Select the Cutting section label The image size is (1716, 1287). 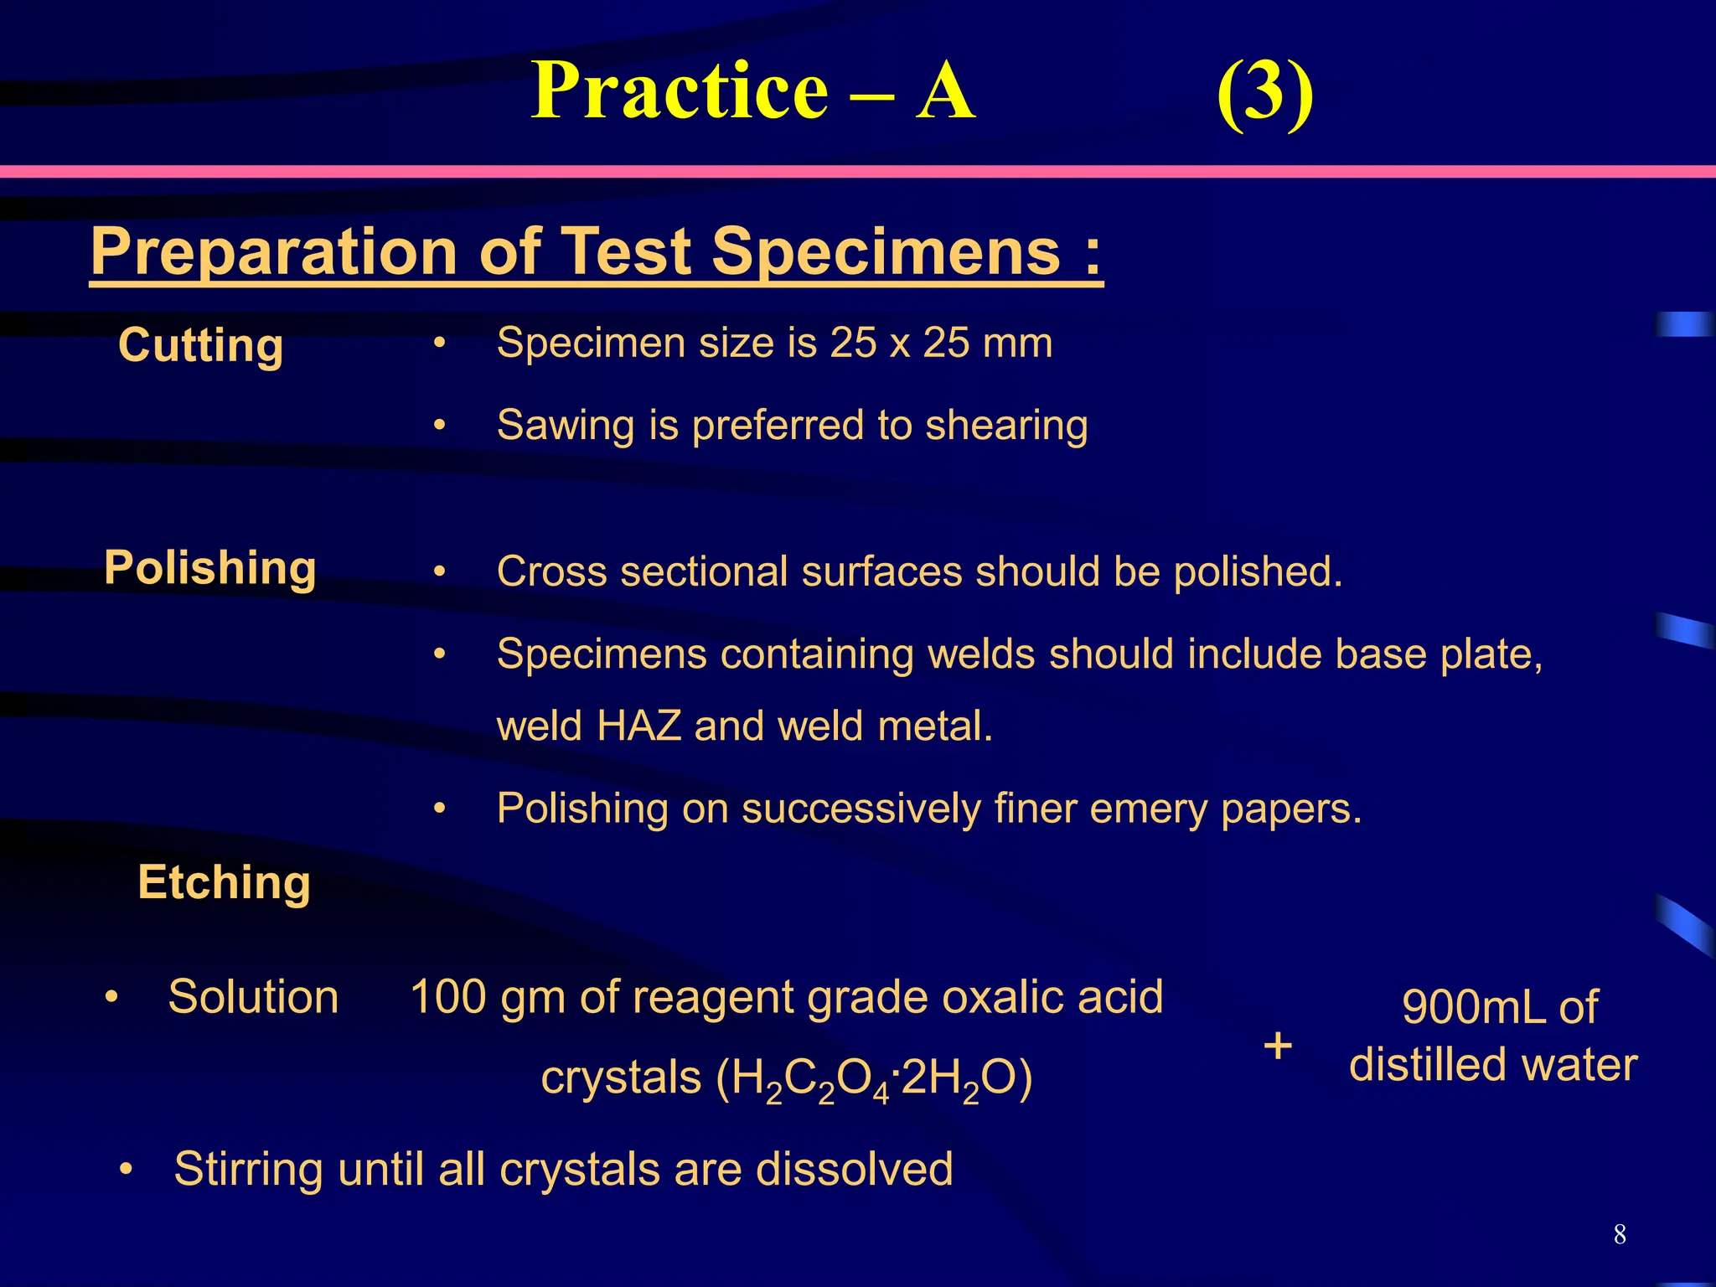pyautogui.click(x=201, y=345)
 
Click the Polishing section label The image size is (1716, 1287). pyautogui.click(x=210, y=568)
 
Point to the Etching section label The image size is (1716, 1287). pyautogui.click(x=225, y=882)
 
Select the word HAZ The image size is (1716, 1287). pyautogui.click(x=638, y=726)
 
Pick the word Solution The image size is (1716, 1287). pyautogui.click(x=253, y=997)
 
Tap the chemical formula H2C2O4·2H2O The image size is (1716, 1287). pyautogui.click(x=873, y=1079)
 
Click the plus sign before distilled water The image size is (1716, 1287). pyautogui.click(x=1278, y=1046)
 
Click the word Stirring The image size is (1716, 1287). pyautogui.click(x=248, y=1170)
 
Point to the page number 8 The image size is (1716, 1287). pyautogui.click(x=1620, y=1234)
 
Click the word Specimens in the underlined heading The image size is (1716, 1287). pyautogui.click(x=887, y=251)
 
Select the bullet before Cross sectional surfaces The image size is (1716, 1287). pyautogui.click(x=440, y=572)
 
